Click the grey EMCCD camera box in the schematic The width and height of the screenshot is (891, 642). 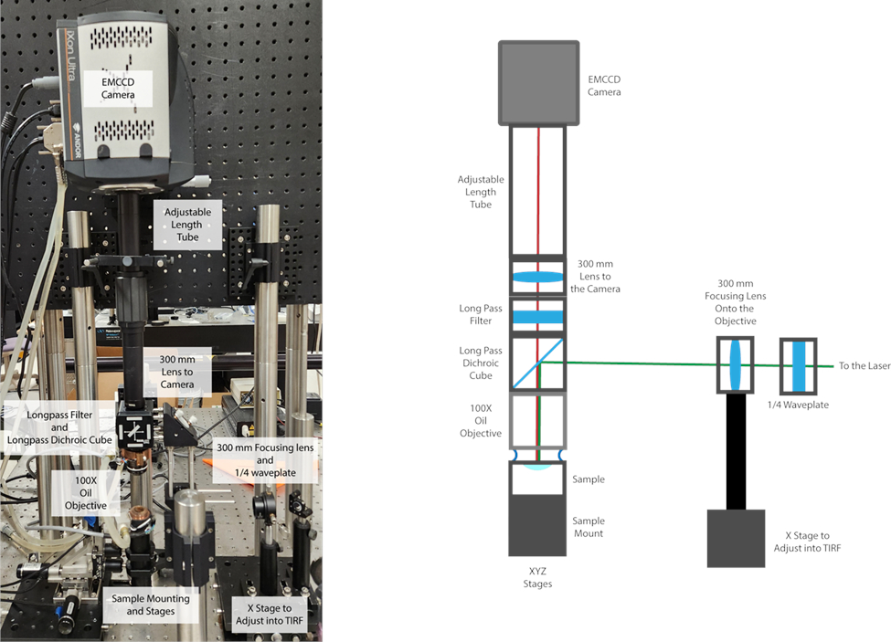tap(538, 83)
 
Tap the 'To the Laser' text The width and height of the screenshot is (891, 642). tap(864, 365)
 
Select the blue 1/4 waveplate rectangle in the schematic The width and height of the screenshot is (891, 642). tap(799, 366)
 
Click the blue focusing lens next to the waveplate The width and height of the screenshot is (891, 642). tap(736, 365)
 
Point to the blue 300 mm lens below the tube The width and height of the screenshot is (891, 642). tap(537, 277)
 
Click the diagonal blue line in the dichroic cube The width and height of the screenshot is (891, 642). tap(537, 363)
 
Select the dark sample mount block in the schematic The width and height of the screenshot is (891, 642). tap(537, 526)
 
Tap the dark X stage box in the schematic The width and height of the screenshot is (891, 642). tap(736, 538)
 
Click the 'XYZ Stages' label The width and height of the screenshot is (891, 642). tap(537, 577)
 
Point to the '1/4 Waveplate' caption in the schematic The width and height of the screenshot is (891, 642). tap(798, 405)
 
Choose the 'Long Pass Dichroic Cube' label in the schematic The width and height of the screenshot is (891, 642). tap(481, 363)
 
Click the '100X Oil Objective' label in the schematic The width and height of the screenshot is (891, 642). tap(481, 421)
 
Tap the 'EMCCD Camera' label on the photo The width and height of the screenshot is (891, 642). tap(118, 89)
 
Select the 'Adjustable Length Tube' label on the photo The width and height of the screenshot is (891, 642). tap(187, 225)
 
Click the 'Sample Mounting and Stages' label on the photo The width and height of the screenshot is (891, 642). tap(151, 605)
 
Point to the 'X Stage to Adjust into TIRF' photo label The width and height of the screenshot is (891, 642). tap(270, 615)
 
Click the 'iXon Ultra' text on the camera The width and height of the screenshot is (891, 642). tap(69, 58)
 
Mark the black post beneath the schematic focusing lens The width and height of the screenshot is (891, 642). tap(736, 451)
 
